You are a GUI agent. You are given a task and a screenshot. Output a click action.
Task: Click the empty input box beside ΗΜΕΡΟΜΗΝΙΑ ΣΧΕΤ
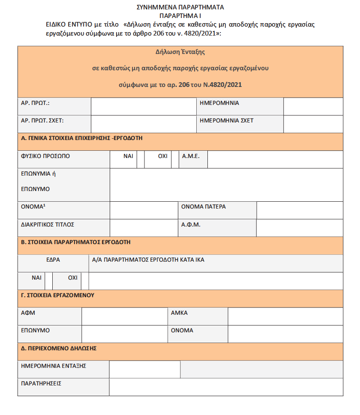tap(313, 124)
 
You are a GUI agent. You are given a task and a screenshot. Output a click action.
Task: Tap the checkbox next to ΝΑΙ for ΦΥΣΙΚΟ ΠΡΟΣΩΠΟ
tap(141, 159)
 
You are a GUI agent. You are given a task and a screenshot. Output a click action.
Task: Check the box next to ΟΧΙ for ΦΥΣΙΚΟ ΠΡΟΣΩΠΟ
tap(175, 159)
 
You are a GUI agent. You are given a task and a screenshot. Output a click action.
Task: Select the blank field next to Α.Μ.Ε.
tap(275, 159)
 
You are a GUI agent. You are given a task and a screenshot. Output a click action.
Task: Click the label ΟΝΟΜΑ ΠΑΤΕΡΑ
tap(203, 207)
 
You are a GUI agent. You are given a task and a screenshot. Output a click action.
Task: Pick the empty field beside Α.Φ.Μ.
tap(300, 227)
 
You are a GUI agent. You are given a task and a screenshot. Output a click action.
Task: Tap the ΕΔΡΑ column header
tap(53, 260)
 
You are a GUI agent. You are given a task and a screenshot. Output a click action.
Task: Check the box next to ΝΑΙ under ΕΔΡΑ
tap(48, 281)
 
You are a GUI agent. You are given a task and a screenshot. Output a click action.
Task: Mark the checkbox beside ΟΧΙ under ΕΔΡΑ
tap(85, 281)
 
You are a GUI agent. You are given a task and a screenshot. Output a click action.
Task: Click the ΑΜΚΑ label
tap(179, 313)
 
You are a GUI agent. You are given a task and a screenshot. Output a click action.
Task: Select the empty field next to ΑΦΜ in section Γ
tap(124, 316)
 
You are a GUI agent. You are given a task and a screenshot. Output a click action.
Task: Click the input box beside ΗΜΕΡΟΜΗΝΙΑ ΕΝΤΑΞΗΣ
tap(144, 370)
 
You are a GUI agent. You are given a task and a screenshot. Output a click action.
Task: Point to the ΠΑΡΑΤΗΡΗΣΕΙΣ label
tap(41, 384)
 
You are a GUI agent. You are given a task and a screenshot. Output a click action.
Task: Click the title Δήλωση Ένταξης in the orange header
tap(180, 52)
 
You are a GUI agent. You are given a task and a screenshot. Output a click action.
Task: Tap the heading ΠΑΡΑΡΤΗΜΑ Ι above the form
tap(180, 15)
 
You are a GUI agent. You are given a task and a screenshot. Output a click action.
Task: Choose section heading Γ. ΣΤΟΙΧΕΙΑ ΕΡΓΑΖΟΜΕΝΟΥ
tap(57, 295)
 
